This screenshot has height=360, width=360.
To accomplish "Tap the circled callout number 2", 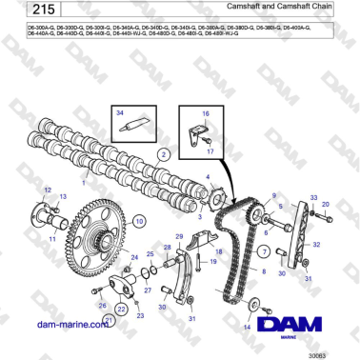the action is pos(164,152).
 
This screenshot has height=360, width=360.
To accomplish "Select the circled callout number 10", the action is pos(140,220).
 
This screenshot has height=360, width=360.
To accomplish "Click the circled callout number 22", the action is pos(121,310).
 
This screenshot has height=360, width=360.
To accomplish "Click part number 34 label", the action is pos(120,111).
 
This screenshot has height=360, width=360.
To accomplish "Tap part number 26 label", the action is pos(102,305).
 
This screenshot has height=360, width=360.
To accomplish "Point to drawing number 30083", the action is pos(332,354).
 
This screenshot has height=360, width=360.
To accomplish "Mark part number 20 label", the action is pos(326,205).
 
